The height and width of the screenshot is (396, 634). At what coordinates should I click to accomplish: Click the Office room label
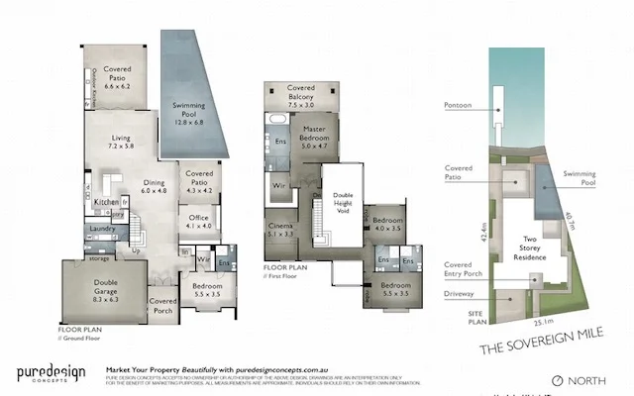195,221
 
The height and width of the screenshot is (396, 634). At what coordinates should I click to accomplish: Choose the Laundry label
103,228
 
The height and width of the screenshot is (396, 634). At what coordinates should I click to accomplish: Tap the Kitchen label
107,202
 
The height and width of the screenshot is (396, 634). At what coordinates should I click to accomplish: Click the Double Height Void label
343,202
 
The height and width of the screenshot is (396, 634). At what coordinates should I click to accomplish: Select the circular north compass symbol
557,380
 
